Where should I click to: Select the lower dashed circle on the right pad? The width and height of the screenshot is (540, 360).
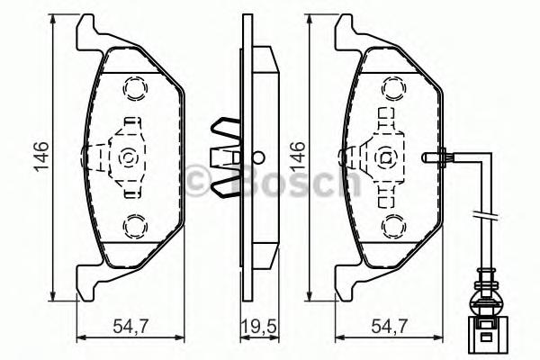coord(391,224)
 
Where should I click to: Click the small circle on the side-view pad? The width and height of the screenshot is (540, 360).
coord(256,153)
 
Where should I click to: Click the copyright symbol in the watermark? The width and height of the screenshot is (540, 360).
coord(200,179)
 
